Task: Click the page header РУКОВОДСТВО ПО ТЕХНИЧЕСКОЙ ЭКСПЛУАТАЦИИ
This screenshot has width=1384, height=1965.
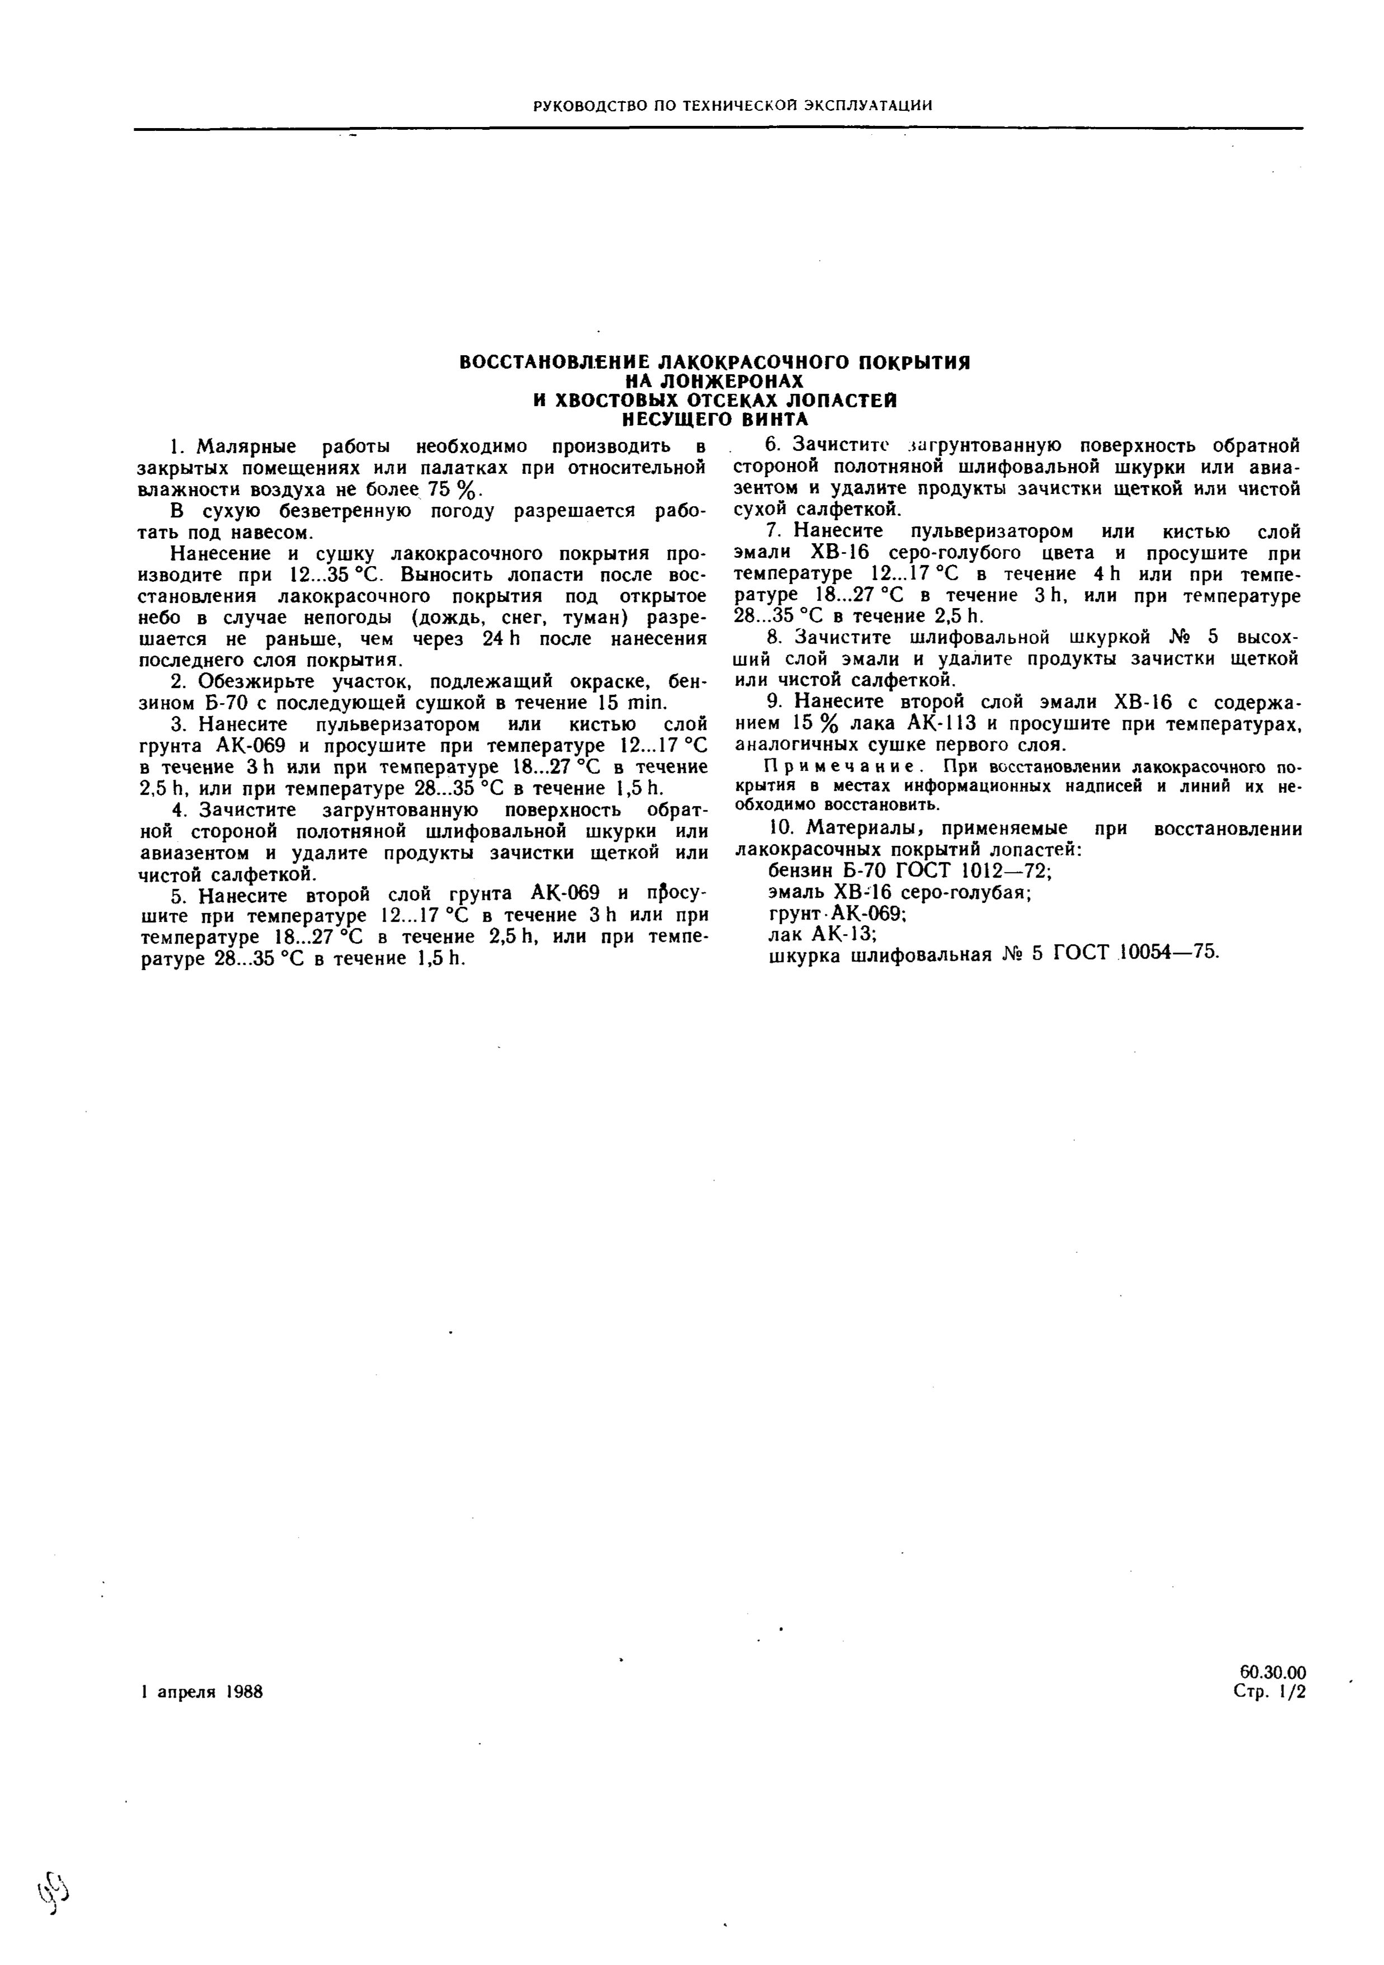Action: point(732,105)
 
